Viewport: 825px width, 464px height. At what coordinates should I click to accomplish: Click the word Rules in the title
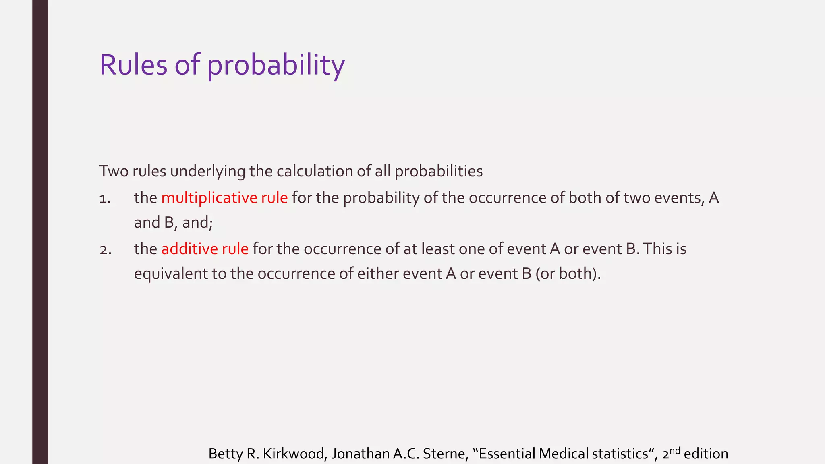(133, 65)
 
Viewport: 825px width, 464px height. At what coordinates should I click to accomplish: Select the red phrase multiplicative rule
(224, 198)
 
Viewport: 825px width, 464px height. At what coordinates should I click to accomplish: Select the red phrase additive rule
(205, 249)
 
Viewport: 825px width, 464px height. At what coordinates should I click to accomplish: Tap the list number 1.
(105, 199)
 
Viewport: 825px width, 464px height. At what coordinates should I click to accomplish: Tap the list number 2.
(105, 250)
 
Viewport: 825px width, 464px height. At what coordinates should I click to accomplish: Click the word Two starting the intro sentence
(114, 171)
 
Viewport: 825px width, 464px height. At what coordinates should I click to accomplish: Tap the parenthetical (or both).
(568, 274)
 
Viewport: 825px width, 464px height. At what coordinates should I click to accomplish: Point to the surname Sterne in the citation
(445, 454)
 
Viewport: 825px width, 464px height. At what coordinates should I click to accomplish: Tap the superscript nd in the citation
(675, 450)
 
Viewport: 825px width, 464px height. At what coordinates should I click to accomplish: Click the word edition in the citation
(706, 454)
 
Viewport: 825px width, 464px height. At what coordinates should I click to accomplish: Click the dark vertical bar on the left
(40, 232)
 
